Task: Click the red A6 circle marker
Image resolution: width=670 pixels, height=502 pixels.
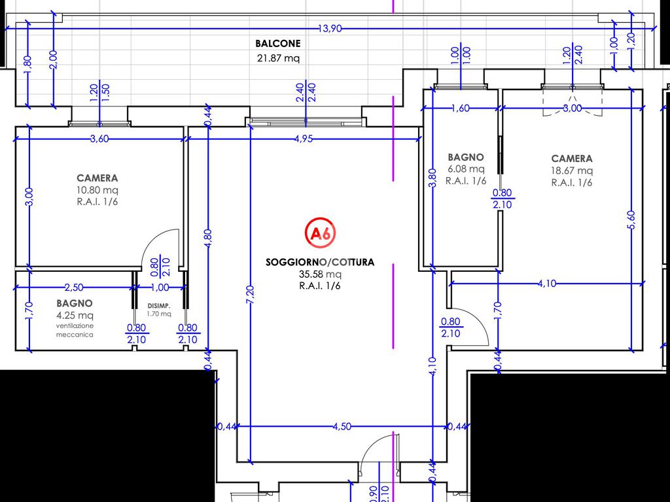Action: click(320, 233)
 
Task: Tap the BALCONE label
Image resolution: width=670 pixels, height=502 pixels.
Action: click(277, 44)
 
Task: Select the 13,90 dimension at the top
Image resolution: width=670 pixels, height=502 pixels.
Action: click(330, 29)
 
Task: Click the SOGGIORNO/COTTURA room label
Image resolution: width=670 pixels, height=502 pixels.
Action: click(320, 262)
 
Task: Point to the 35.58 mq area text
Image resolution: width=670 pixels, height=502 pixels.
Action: click(320, 274)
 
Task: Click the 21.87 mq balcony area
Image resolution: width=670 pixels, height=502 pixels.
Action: click(278, 58)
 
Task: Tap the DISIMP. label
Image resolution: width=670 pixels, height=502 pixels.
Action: click(159, 306)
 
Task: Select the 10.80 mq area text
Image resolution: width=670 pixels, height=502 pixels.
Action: click(97, 190)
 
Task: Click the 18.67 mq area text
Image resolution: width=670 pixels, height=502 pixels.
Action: click(572, 171)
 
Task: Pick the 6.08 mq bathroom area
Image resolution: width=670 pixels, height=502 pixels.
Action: click(466, 169)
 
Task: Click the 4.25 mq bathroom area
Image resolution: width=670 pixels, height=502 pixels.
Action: click(75, 316)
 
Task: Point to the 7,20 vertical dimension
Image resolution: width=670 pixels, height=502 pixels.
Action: click(251, 295)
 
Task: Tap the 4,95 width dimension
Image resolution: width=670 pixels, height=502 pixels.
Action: click(304, 139)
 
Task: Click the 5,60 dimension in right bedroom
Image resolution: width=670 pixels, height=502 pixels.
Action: click(632, 220)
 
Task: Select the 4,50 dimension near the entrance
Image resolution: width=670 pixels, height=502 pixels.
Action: click(342, 426)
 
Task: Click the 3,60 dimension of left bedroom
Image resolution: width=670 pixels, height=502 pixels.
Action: click(99, 139)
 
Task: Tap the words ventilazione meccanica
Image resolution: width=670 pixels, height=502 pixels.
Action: click(75, 330)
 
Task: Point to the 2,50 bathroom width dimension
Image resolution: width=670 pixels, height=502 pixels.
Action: click(74, 288)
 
